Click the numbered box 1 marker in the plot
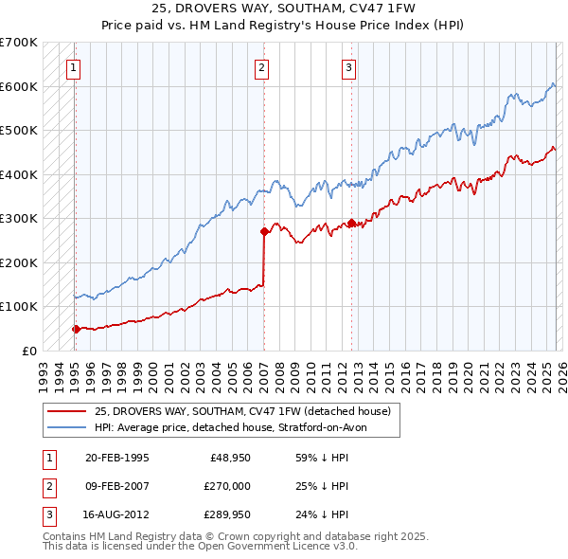tap(74, 67)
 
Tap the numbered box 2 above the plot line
tap(262, 67)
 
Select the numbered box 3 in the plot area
tap(349, 67)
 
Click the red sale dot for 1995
tap(76, 329)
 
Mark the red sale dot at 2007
tap(263, 231)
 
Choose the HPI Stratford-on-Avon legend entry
tap(236, 427)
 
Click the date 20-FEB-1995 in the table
tap(116, 458)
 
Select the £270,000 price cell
tap(228, 486)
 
